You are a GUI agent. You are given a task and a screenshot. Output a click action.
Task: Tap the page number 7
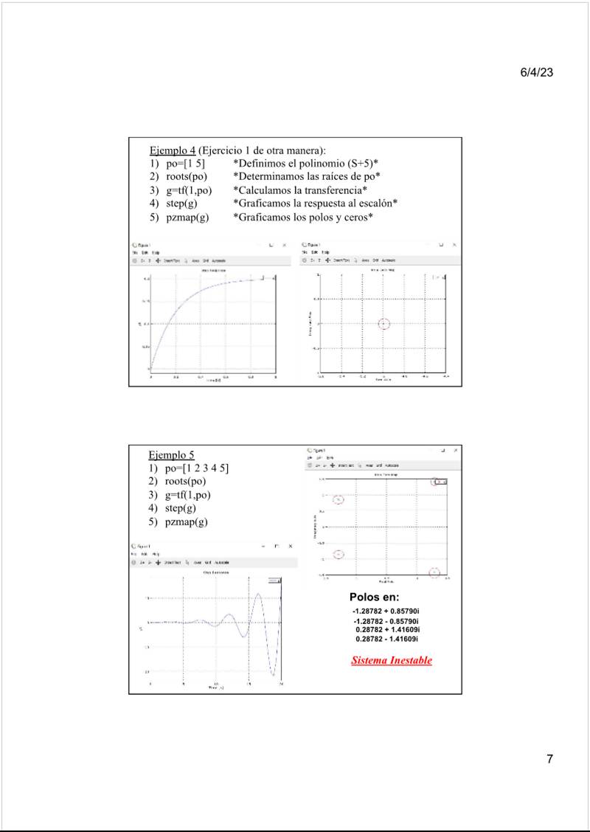[x=549, y=759]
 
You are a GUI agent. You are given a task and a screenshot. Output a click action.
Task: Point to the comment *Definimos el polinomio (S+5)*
[x=305, y=163]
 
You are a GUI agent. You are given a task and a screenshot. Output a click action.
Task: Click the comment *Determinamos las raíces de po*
[x=306, y=176]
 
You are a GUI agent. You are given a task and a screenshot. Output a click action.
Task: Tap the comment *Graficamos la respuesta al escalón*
[x=315, y=204]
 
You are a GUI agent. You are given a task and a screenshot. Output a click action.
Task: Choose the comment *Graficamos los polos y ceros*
[x=302, y=217]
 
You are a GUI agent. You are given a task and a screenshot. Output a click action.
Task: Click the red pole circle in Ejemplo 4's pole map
[x=383, y=324]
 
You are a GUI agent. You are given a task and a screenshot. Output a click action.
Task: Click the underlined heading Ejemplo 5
[x=172, y=455]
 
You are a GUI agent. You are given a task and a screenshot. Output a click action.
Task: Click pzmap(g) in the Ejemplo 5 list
[x=187, y=521]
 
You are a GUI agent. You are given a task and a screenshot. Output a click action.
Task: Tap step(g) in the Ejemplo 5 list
[x=181, y=508]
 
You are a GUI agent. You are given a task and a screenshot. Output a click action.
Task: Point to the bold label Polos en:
[x=375, y=597]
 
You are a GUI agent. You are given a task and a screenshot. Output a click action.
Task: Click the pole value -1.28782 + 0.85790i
[x=386, y=612]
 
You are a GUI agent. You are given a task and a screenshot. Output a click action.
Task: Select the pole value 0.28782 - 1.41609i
[x=388, y=639]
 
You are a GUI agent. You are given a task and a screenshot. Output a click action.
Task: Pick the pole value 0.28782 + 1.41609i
[x=388, y=630]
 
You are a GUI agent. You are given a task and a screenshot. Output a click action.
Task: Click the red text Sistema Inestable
[x=392, y=660]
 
